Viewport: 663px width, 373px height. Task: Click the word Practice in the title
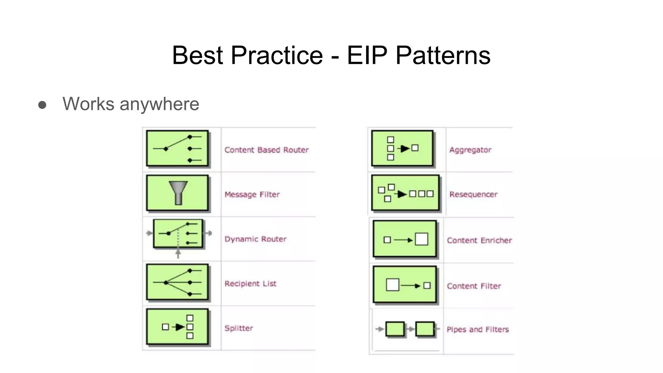(x=276, y=55)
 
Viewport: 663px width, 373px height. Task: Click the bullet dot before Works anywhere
(x=42, y=105)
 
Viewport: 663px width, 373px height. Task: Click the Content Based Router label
(x=266, y=150)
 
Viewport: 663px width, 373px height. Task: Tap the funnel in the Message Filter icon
(x=178, y=192)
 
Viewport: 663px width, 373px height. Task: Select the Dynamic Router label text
(x=255, y=239)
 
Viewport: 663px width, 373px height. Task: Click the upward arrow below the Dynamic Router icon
(x=178, y=253)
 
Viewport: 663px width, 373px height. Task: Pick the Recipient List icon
(x=177, y=282)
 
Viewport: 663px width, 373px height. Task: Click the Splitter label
(x=239, y=328)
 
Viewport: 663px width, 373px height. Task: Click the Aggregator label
(x=470, y=150)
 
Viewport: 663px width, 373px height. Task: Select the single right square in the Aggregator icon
(x=415, y=148)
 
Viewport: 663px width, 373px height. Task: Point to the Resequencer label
(x=473, y=194)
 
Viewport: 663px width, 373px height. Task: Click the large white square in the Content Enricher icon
(x=421, y=239)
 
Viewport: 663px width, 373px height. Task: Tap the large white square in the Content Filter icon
(x=392, y=285)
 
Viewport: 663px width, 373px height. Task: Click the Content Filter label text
(x=474, y=286)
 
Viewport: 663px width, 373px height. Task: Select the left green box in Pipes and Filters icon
(x=395, y=329)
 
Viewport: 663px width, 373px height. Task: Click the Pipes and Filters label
(x=478, y=329)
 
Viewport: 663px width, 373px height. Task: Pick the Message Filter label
(x=252, y=194)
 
